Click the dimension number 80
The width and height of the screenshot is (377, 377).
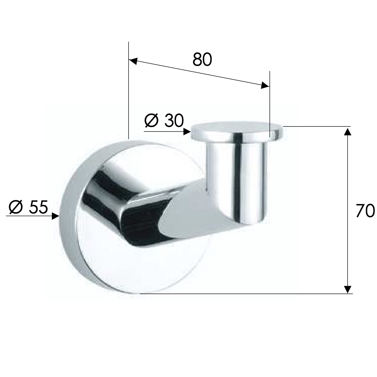(202, 60)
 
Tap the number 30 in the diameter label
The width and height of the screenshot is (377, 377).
(173, 121)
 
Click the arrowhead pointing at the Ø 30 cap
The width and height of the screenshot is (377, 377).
(187, 132)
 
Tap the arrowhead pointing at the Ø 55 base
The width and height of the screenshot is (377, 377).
(55, 216)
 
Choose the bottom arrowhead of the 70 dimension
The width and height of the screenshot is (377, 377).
(347, 289)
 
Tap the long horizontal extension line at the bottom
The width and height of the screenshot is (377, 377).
(246, 294)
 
